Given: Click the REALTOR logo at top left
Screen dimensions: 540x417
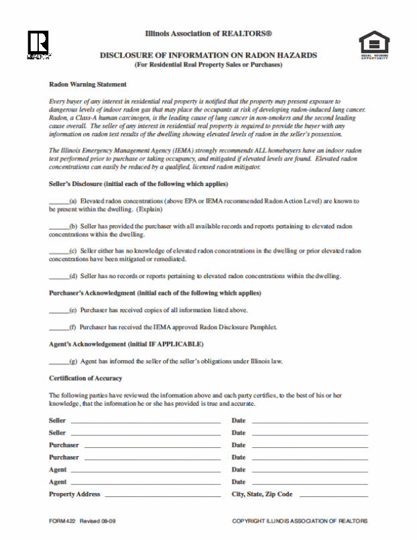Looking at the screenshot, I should (38, 44).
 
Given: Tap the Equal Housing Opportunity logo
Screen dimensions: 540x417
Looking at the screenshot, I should (374, 45).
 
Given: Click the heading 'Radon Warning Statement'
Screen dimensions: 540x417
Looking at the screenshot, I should (88, 85).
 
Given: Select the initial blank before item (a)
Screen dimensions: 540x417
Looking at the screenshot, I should (58, 201).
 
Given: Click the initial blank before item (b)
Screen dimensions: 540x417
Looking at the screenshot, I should (58, 227).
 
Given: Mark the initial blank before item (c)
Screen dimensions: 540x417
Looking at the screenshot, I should (58, 251).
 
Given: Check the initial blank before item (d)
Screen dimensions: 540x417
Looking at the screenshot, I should (58, 276).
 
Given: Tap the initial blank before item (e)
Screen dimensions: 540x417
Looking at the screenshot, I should (58, 310).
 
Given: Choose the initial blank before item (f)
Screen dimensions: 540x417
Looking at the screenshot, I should (58, 327).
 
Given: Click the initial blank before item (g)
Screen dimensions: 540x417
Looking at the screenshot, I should (58, 361).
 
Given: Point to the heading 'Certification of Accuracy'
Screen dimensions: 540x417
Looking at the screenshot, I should (85, 378).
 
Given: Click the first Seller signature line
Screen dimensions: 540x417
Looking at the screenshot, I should (145, 422).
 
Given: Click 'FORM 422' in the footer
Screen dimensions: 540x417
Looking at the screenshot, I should (62, 521).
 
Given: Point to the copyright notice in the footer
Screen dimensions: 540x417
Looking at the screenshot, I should (299, 521).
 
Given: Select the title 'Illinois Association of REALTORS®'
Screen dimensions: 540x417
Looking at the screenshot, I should (208, 33).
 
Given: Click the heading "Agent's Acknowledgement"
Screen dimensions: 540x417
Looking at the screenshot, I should (126, 344).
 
